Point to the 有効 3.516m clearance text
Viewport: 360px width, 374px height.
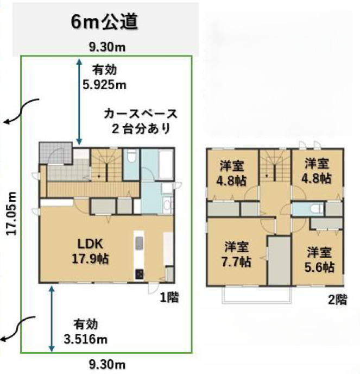tap(86, 332)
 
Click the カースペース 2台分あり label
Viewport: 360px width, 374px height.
tap(141, 121)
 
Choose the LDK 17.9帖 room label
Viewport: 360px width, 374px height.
tap(90, 251)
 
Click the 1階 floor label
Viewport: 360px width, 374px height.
tap(169, 297)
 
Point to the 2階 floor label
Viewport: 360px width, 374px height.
tap(337, 300)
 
